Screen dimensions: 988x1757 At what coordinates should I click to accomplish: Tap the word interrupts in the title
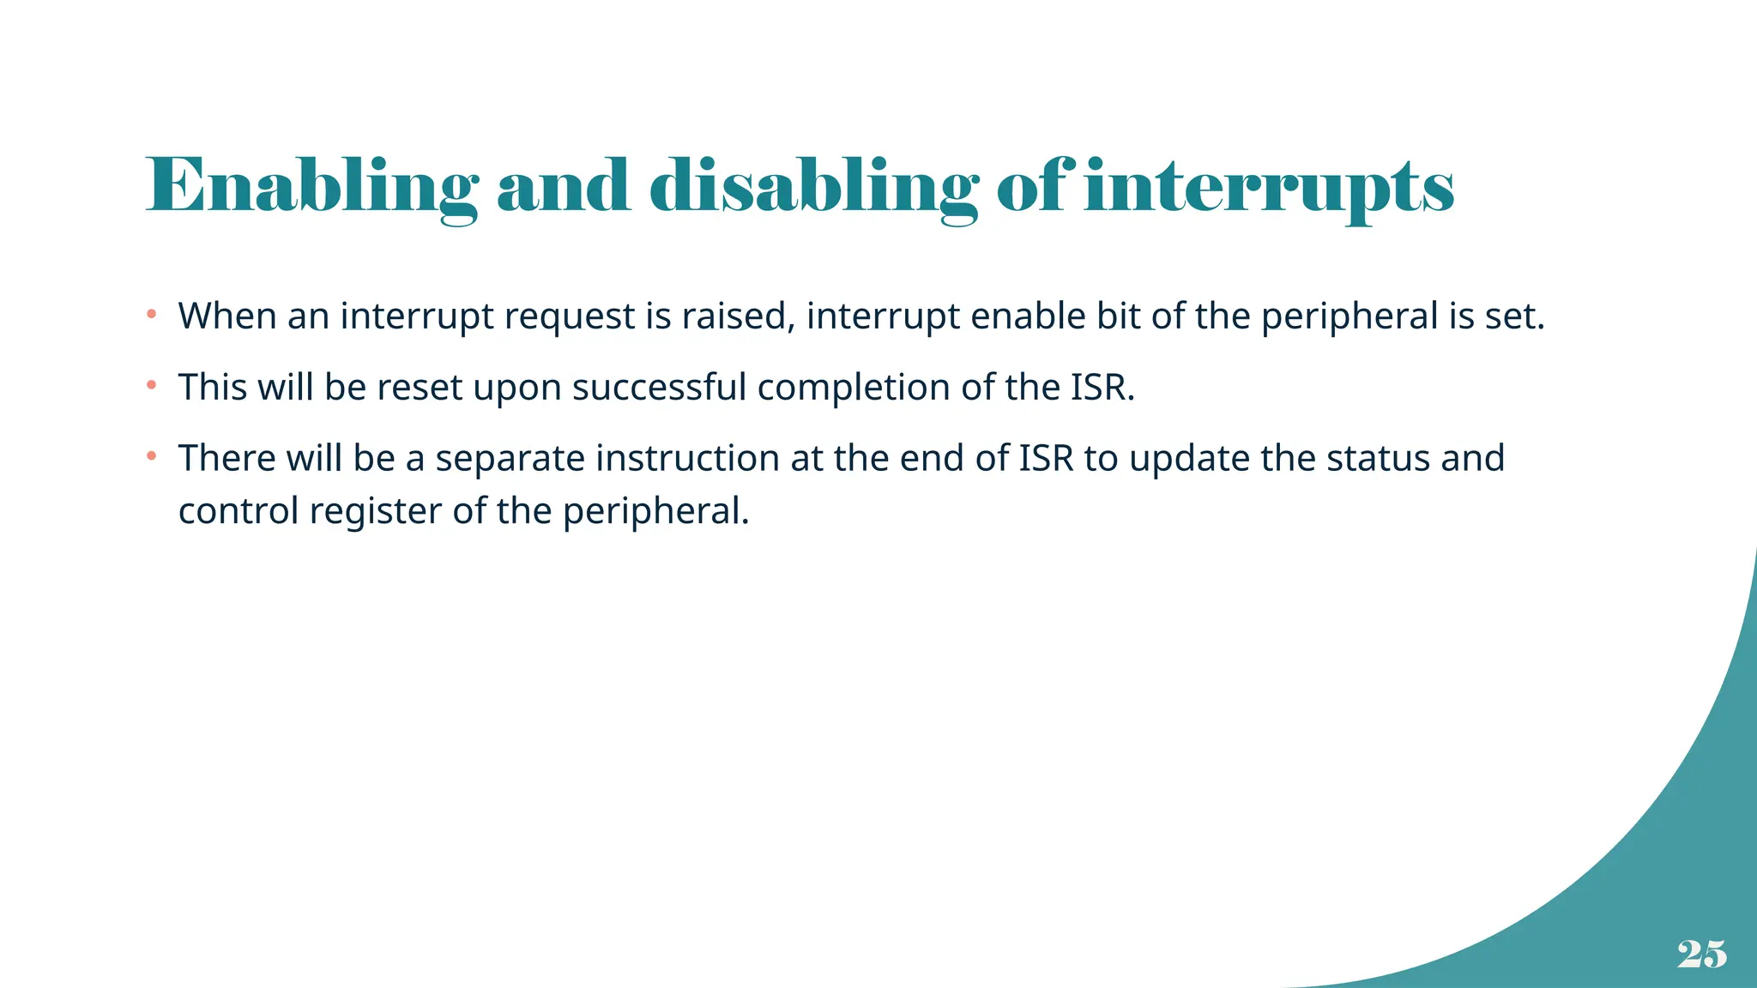(x=1269, y=187)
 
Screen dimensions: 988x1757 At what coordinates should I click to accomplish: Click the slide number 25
(x=1701, y=954)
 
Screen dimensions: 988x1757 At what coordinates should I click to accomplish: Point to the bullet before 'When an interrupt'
(x=151, y=315)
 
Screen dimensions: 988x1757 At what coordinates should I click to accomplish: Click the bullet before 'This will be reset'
(x=151, y=386)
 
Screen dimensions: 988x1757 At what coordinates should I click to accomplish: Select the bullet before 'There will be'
(x=151, y=456)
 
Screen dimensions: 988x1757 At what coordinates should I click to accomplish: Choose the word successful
(x=659, y=387)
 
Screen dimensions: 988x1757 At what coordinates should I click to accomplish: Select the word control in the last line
(x=238, y=511)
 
